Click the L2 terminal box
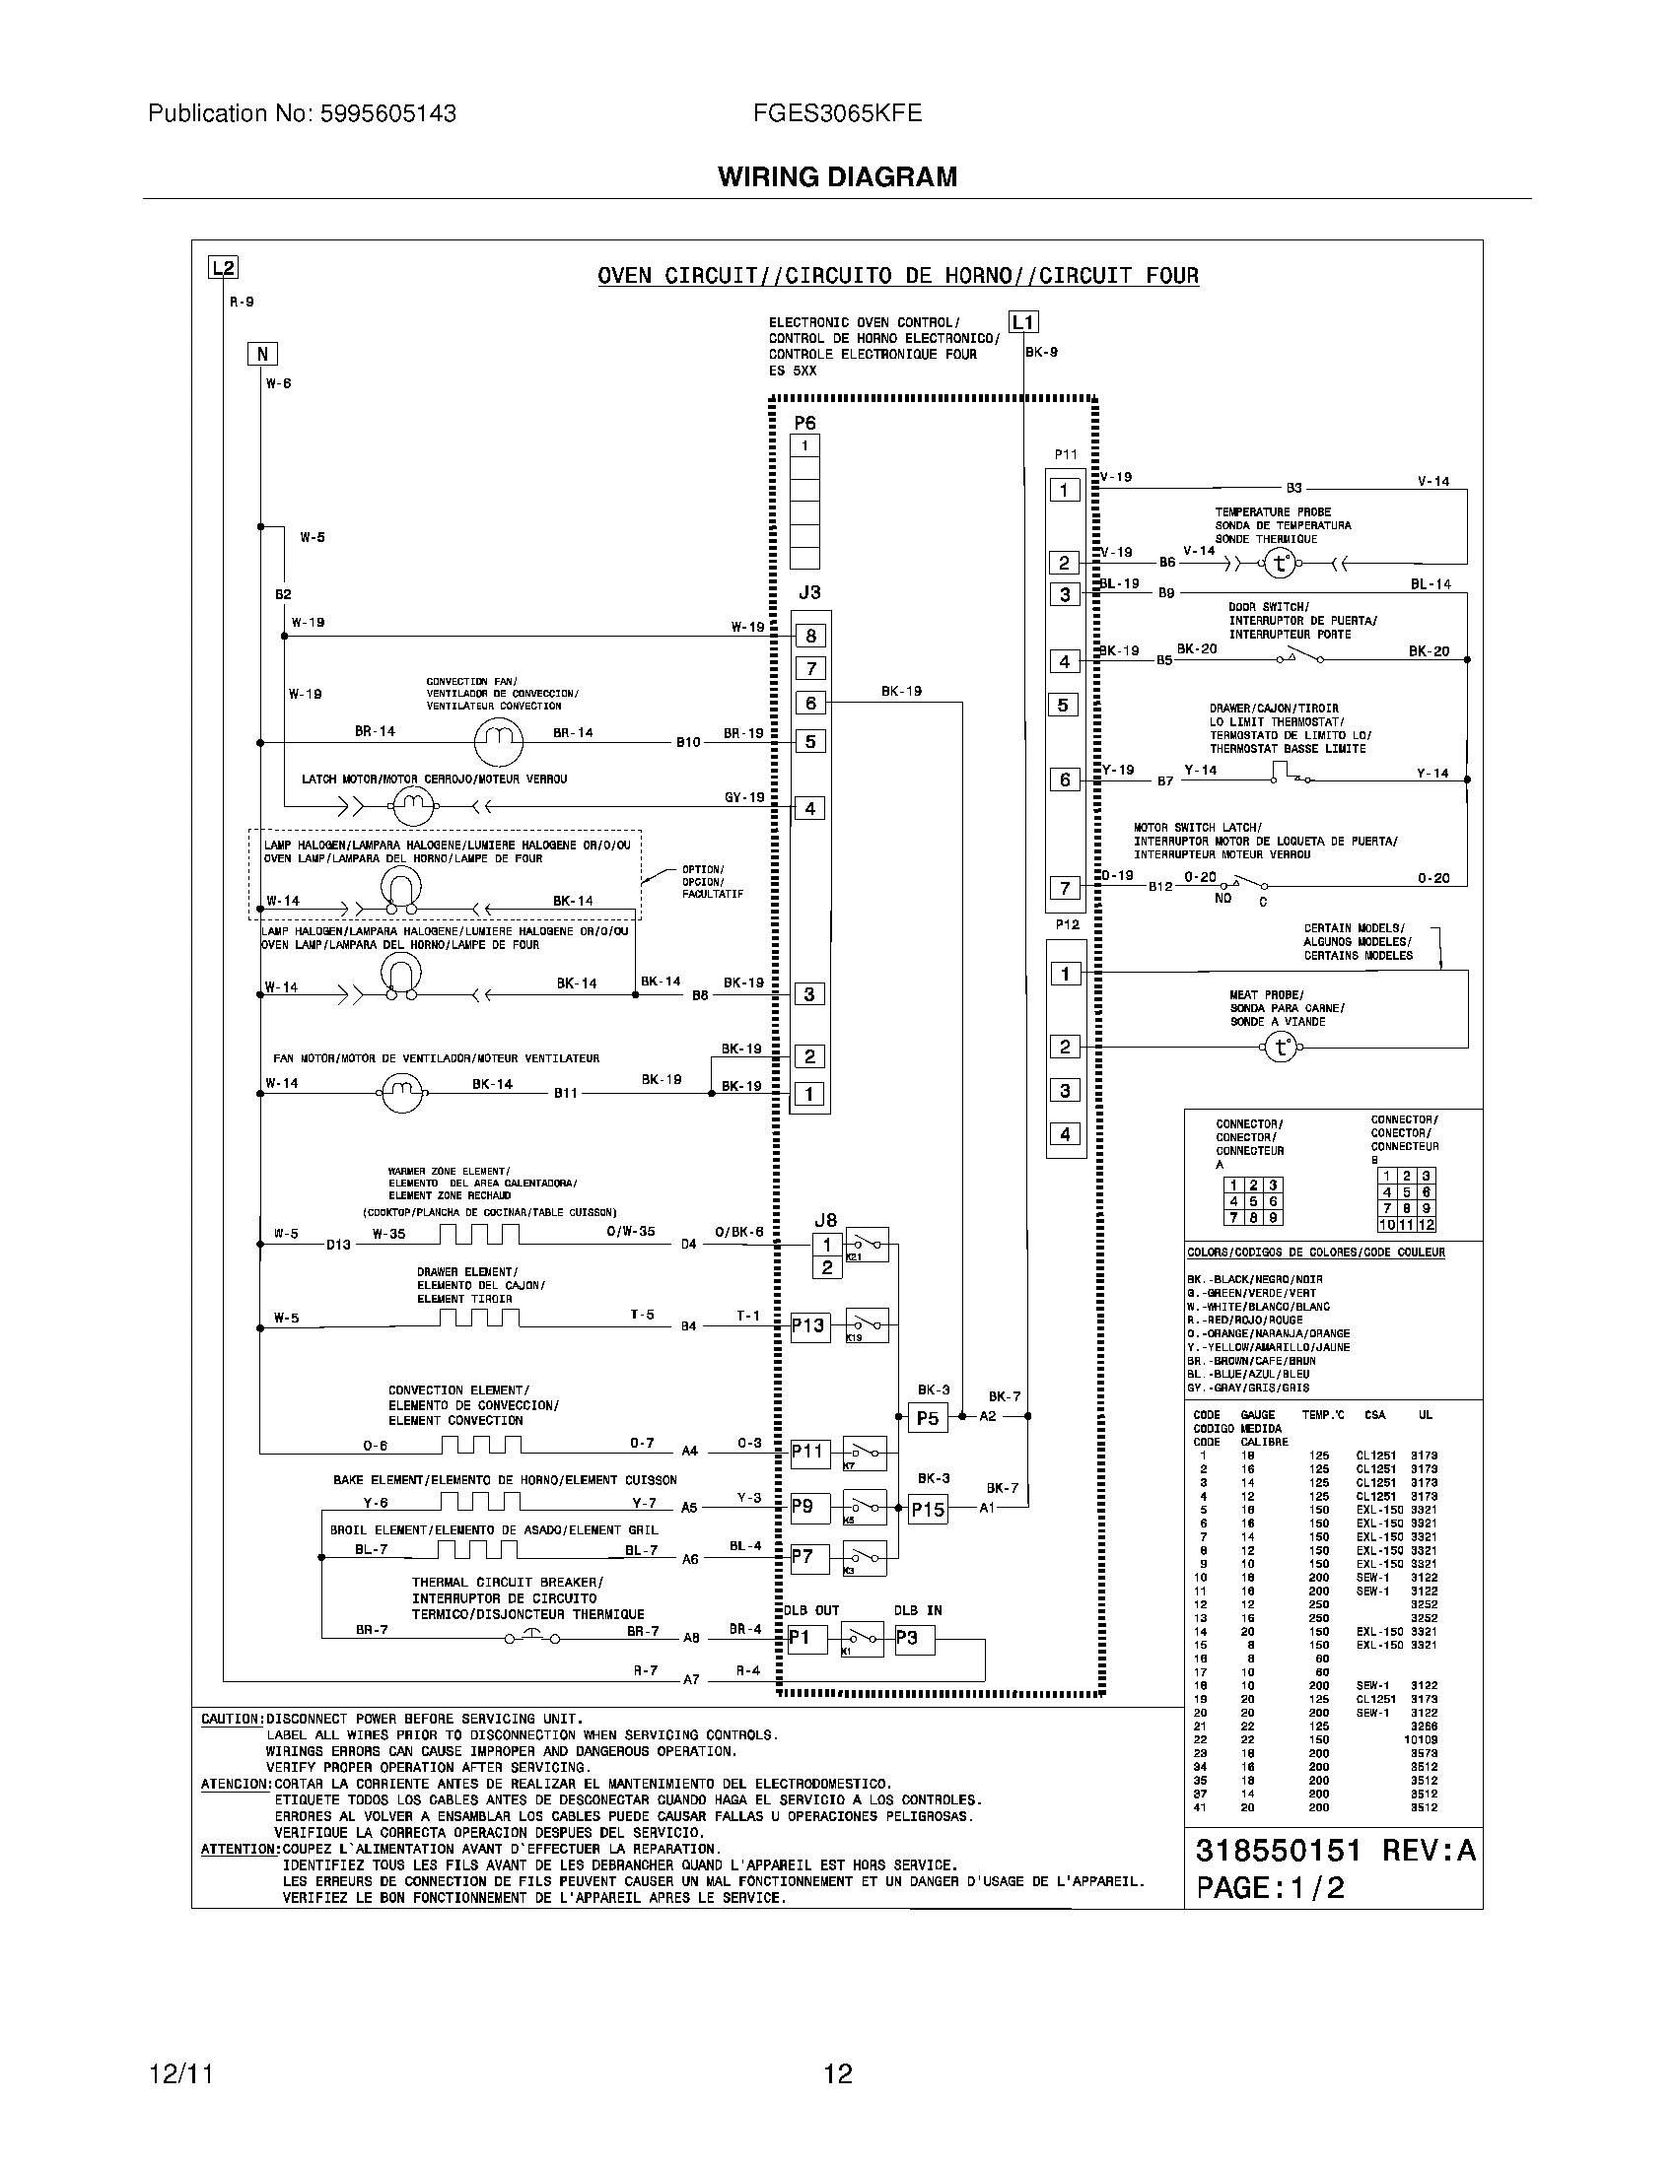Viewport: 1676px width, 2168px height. tap(223, 267)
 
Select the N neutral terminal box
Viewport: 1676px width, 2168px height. tap(262, 354)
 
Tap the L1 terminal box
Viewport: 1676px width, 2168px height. tap(1023, 321)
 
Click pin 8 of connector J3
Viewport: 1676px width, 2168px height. tap(810, 637)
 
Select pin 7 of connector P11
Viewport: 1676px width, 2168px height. tap(1066, 888)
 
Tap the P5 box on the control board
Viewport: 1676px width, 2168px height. tap(928, 1417)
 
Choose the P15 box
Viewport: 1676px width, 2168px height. tap(929, 1509)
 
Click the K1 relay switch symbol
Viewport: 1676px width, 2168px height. tap(862, 1638)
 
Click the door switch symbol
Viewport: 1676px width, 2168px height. tap(1303, 656)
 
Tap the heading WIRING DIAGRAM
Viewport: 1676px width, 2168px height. tap(837, 176)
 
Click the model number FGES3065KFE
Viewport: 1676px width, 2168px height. tap(837, 113)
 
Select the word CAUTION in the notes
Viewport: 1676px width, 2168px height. tap(231, 1719)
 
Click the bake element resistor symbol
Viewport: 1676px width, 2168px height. tap(479, 1501)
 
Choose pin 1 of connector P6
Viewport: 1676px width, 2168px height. tap(804, 445)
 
